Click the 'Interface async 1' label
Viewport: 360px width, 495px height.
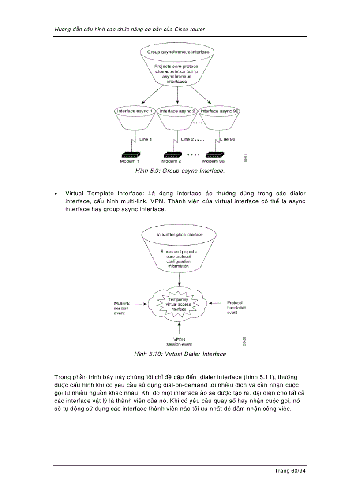click(135, 112)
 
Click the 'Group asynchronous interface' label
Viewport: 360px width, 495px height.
click(178, 52)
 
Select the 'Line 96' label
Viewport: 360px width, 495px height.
click(228, 139)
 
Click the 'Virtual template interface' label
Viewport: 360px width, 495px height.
click(180, 234)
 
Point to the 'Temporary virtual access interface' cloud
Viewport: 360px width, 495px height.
click(179, 305)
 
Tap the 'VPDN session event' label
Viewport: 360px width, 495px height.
click(179, 342)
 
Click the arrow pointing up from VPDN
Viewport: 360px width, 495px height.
click(179, 328)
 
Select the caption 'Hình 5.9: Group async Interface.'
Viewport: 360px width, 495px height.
click(180, 171)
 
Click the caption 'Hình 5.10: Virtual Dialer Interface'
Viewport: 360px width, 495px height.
click(180, 354)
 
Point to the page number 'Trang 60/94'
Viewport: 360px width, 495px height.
click(290, 471)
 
